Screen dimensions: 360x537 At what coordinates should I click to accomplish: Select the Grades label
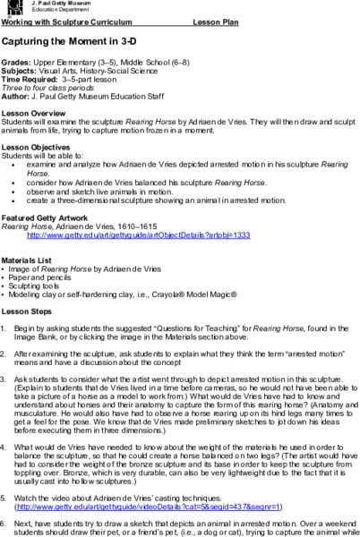coord(16,63)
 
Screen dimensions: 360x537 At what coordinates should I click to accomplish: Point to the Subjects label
coord(20,71)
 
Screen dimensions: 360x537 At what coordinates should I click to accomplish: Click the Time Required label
coord(29,79)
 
